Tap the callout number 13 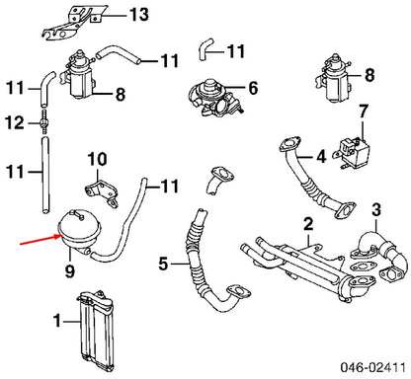[x=139, y=15]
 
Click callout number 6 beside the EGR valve [x=252, y=88]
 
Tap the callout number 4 [x=321, y=157]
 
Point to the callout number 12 [x=13, y=123]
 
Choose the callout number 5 [x=165, y=264]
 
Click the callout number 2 [x=308, y=223]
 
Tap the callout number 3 [x=376, y=210]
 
